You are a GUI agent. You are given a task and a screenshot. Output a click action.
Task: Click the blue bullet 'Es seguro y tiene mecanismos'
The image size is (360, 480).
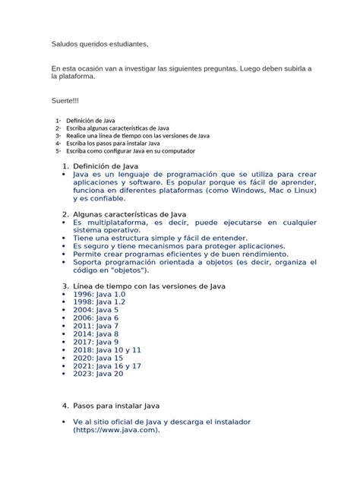tap(179, 246)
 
